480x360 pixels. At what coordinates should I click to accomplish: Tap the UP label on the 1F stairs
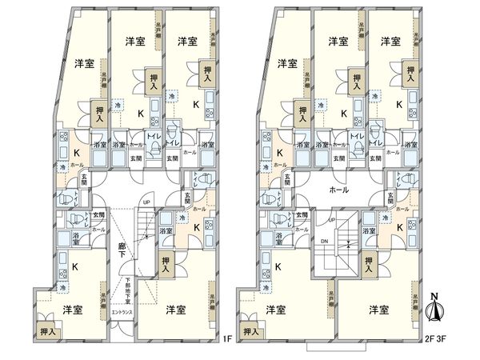(x=145, y=202)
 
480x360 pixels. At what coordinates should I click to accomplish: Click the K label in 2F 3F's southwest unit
(x=278, y=267)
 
